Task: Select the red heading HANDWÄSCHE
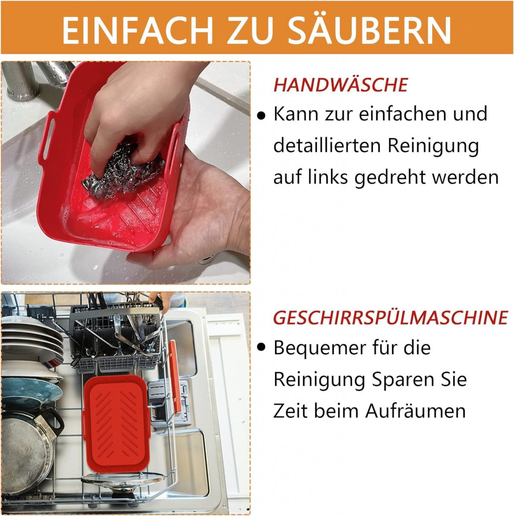340,85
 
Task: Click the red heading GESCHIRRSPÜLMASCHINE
390,318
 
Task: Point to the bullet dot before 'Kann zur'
261,116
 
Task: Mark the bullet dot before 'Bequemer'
261,347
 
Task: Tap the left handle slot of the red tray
48,138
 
